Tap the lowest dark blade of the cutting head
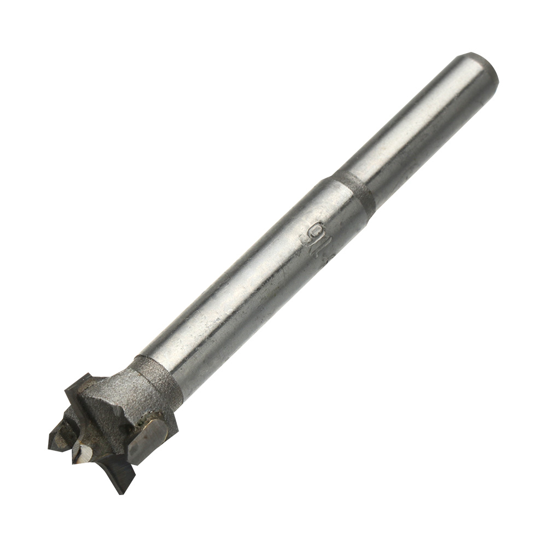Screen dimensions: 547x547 click(118, 470)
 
